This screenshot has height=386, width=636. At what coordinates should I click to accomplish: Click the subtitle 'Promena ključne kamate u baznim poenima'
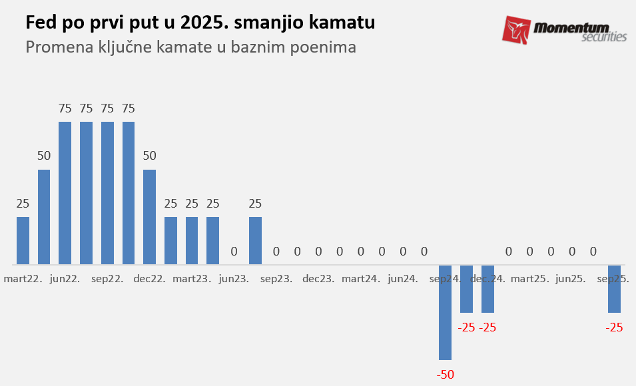190,47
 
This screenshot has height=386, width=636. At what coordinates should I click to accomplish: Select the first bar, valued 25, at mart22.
23,240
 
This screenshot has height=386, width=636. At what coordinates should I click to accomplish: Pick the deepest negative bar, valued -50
445,312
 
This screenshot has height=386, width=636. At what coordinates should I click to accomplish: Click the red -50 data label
445,375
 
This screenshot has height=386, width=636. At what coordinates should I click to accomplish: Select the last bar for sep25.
614,289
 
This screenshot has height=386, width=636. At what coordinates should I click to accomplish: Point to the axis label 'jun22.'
65,279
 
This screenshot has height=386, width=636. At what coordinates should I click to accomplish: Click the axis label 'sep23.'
276,279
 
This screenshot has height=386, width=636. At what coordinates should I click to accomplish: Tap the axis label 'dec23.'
318,279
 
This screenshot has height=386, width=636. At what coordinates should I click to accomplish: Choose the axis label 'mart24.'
361,279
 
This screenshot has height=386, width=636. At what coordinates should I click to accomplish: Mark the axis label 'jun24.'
403,279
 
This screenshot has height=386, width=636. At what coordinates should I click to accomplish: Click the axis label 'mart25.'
529,279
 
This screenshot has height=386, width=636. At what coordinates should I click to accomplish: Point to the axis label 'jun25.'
571,279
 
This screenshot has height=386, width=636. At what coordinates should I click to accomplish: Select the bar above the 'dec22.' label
150,217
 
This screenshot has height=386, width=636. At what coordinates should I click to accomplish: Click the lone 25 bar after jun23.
255,240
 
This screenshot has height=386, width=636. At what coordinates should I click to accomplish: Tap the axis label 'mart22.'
23,279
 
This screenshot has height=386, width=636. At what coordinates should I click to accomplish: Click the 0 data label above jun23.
234,252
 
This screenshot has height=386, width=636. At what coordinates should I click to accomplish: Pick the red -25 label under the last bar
614,327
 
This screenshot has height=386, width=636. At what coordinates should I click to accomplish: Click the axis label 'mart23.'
192,279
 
